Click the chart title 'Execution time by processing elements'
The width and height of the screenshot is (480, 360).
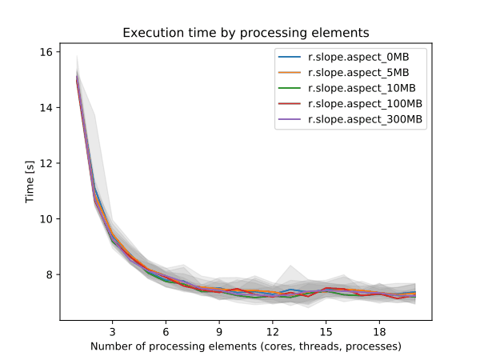[246, 33]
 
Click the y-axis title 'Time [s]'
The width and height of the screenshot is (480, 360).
[30, 186]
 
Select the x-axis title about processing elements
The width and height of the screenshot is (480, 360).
[246, 346]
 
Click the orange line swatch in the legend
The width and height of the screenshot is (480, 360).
[289, 73]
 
